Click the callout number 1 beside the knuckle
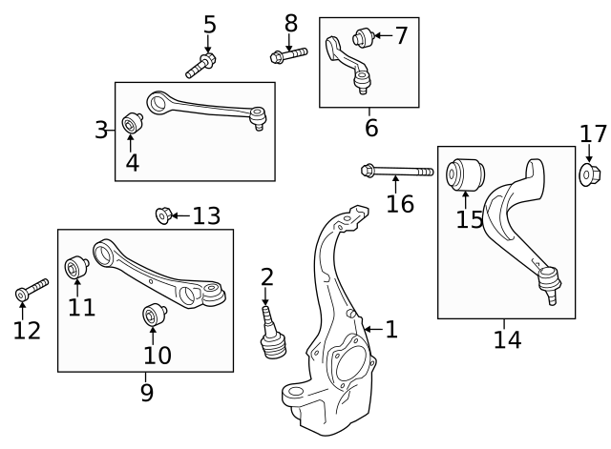[390, 330]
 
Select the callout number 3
[102, 130]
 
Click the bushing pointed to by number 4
[133, 124]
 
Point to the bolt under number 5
[202, 66]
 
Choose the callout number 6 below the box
[370, 126]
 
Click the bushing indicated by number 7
[362, 38]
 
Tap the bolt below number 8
[287, 55]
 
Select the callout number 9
[146, 392]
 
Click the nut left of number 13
[163, 216]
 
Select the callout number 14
[507, 338]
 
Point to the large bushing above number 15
[468, 174]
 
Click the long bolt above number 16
[395, 173]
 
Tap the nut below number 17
[588, 174]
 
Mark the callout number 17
[593, 133]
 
